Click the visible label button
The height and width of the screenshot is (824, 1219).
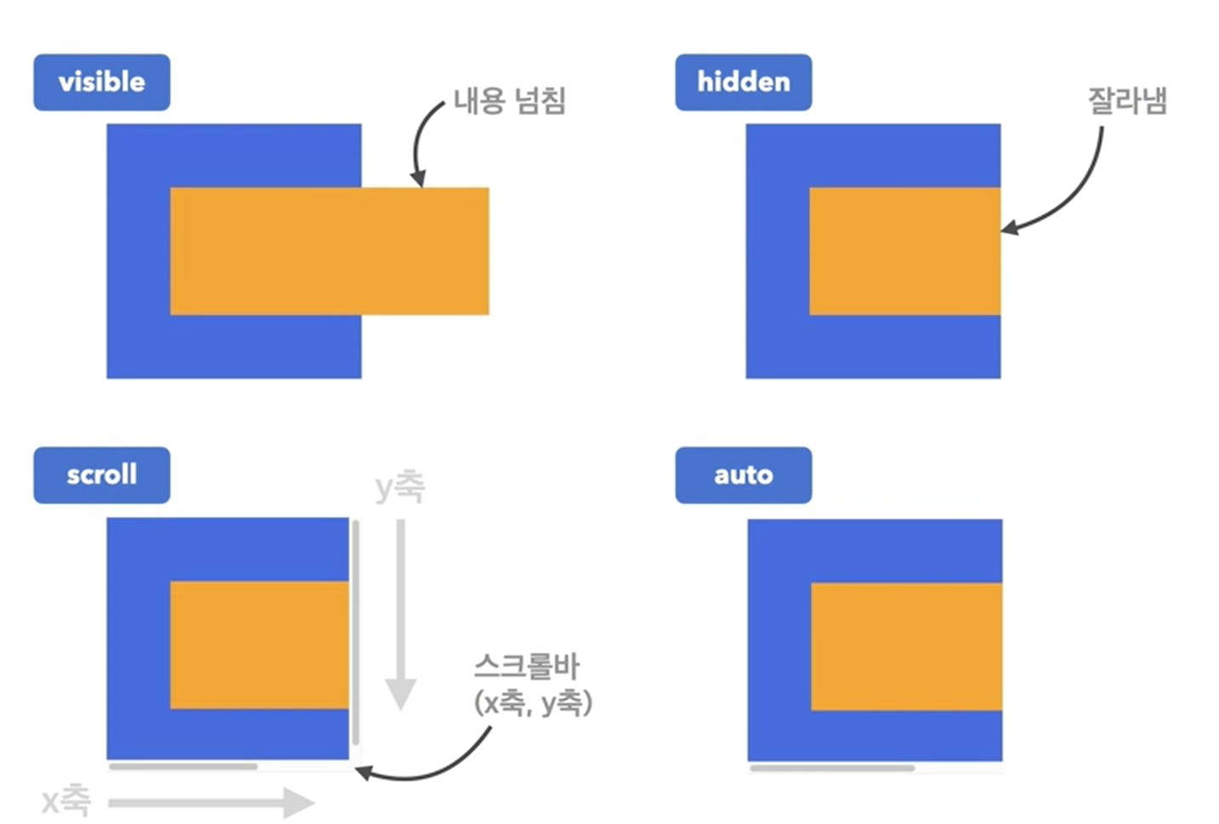101,82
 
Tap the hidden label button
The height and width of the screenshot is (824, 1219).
743,82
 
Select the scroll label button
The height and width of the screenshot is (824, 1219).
101,475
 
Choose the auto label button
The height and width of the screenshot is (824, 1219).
743,475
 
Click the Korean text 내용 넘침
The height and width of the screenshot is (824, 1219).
509,101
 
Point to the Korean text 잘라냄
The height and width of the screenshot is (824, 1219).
1127,101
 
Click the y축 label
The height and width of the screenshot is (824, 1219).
400,487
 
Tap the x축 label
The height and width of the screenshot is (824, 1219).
66,800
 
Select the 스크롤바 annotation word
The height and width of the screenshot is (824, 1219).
527,666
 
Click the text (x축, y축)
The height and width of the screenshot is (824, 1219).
533,703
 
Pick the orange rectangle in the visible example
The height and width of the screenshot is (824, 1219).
329,251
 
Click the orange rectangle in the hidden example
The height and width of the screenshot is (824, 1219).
904,251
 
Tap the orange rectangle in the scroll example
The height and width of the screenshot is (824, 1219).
259,645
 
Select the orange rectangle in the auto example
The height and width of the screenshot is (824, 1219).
906,646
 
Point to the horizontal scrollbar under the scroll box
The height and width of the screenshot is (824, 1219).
183,766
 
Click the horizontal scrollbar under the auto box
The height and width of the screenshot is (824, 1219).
831,768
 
